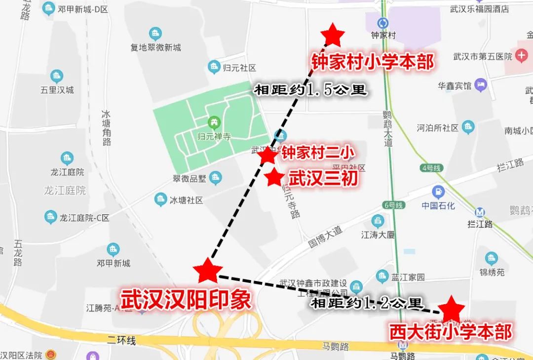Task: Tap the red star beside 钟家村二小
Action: pos(267,155)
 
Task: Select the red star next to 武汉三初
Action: pos(274,177)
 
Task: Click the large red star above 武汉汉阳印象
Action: pos(207,271)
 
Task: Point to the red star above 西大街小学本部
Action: pos(452,310)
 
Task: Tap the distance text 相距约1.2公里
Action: pos(366,302)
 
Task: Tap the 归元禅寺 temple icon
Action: pos(214,121)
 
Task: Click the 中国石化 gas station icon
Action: pos(438,191)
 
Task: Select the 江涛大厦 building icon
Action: pos(378,221)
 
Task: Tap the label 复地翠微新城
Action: pos(155,47)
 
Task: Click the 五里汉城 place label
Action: pos(57,90)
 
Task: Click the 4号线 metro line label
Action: pos(431,168)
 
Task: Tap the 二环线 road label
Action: pos(121,340)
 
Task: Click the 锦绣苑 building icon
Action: pos(492,258)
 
